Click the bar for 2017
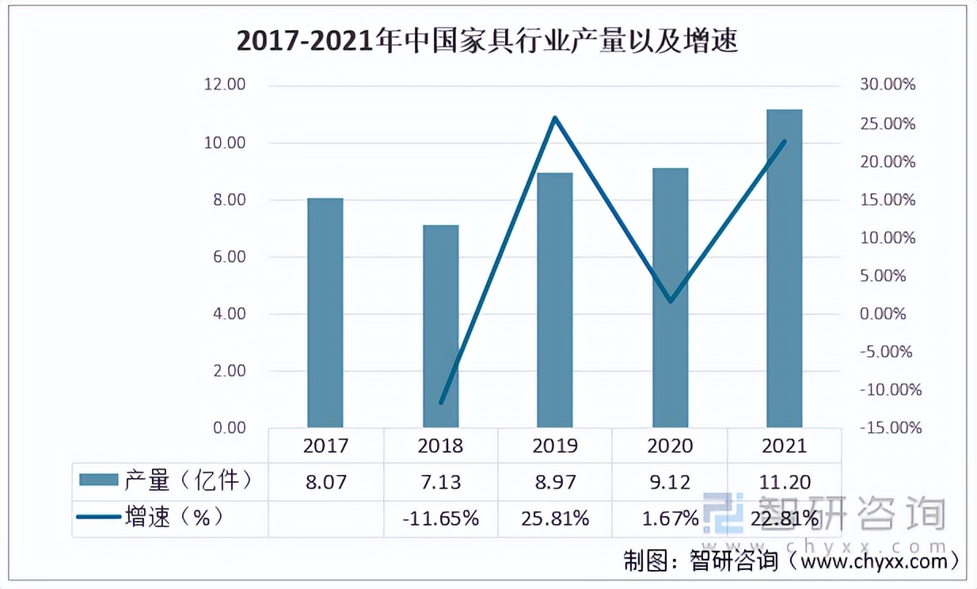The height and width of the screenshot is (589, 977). (325, 313)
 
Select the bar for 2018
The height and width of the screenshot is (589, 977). (440, 326)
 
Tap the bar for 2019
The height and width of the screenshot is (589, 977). (554, 300)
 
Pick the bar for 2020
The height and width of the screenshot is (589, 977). (670, 298)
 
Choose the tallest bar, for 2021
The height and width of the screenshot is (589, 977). (784, 268)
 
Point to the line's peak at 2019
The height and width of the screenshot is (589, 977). (555, 118)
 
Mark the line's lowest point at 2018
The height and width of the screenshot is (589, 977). (441, 402)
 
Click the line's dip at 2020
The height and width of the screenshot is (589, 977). (670, 302)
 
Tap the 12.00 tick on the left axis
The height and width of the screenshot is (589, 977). (225, 85)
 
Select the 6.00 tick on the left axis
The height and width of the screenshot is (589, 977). (225, 257)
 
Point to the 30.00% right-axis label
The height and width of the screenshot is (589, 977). (887, 85)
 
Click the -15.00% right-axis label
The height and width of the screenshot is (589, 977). (890, 427)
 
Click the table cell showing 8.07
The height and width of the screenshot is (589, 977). (325, 481)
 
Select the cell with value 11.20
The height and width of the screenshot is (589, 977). (784, 481)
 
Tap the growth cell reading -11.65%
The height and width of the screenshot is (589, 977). (440, 519)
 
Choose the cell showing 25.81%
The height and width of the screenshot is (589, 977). (555, 519)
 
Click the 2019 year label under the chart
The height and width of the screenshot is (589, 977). (555, 446)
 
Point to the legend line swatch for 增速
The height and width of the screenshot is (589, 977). (98, 518)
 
